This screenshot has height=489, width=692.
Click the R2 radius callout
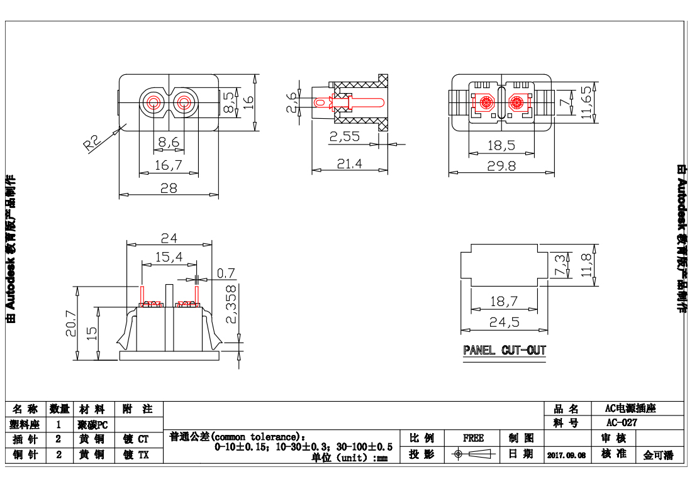tap(92, 143)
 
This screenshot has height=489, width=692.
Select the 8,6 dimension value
tap(169, 143)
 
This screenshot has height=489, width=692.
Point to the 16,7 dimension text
tap(169, 165)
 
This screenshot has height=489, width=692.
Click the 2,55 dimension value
tap(344, 136)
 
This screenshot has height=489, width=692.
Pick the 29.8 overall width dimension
tap(501, 165)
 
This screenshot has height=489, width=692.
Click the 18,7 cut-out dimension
tap(503, 302)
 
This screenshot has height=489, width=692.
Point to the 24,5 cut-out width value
tap(504, 322)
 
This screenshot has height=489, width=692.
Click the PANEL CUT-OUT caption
tap(505, 350)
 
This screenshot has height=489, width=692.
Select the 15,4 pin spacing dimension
tap(169, 256)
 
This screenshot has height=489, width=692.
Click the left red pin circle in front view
tap(153, 102)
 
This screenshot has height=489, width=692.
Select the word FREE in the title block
tap(473, 438)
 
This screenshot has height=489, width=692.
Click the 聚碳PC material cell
tap(93, 425)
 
